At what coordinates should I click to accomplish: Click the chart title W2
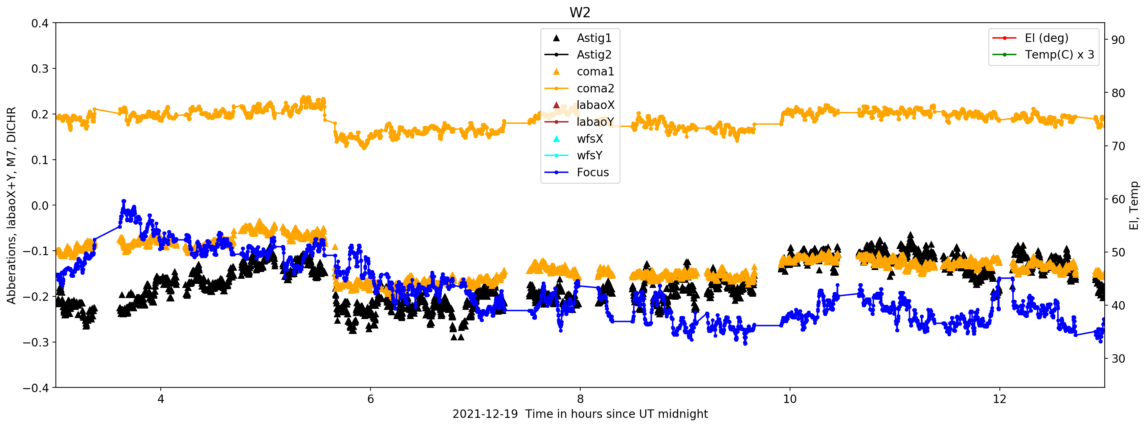click(580, 13)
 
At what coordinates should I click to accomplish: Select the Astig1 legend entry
click(593, 38)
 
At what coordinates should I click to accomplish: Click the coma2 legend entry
click(595, 89)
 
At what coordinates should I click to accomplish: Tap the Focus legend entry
click(592, 172)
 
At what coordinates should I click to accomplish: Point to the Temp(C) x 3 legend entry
click(1059, 55)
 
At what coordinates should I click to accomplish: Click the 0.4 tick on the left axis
click(40, 23)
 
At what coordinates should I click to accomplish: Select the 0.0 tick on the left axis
click(40, 206)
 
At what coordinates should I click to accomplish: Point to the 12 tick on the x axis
click(999, 399)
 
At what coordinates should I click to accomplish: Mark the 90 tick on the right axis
click(1118, 40)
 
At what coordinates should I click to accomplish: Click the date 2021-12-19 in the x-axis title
click(485, 414)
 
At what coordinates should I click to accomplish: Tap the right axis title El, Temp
click(1134, 205)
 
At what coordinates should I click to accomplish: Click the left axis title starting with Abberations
click(11, 205)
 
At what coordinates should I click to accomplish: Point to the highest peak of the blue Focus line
click(124, 202)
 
